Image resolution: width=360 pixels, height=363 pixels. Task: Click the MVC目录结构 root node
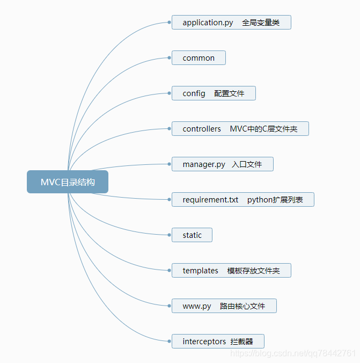click(68, 182)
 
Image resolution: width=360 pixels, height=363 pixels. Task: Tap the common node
click(199, 58)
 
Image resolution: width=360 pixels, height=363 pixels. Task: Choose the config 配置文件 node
click(214, 93)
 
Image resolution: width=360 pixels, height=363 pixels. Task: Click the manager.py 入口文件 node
click(222, 164)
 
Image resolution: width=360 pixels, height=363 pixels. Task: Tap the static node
click(192, 235)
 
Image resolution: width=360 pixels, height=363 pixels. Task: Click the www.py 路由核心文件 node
click(224, 306)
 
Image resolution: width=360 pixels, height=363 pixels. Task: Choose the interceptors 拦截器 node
click(218, 342)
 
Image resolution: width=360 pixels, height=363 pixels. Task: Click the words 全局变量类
click(261, 23)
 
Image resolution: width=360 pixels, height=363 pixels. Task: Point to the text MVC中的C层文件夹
click(263, 129)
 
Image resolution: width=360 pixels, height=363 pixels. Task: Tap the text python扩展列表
click(275, 200)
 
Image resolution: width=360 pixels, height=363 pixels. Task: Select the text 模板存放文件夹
click(253, 271)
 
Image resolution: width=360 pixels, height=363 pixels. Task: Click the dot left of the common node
click(170, 58)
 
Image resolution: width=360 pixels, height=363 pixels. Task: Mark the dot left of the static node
click(170, 235)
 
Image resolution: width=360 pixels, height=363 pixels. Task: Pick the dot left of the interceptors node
click(170, 342)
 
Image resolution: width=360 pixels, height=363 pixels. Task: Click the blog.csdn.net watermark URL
click(293, 353)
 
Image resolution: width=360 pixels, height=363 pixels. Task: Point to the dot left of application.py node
click(170, 23)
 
